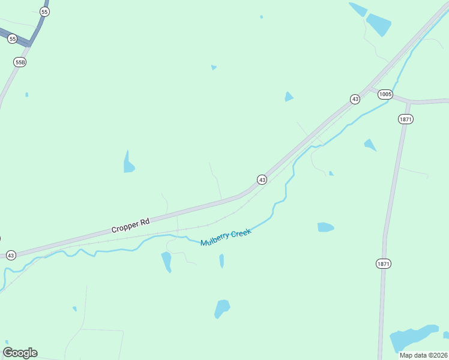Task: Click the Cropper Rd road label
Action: click(x=130, y=226)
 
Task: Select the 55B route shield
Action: click(x=20, y=62)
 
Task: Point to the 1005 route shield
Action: click(x=385, y=94)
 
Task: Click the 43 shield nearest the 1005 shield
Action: click(x=355, y=98)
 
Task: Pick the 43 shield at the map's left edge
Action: click(x=11, y=255)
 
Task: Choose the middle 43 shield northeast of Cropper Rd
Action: click(x=262, y=179)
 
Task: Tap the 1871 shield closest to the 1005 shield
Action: click(x=406, y=119)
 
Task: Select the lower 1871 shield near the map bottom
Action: click(x=384, y=263)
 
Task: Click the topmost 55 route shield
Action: click(x=44, y=12)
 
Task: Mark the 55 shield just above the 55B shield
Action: click(x=13, y=38)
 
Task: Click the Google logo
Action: click(x=20, y=353)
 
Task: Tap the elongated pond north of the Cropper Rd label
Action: click(x=128, y=163)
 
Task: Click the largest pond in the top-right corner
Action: click(x=378, y=24)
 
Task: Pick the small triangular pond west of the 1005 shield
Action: click(x=289, y=97)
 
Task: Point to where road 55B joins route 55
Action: click(x=29, y=44)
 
